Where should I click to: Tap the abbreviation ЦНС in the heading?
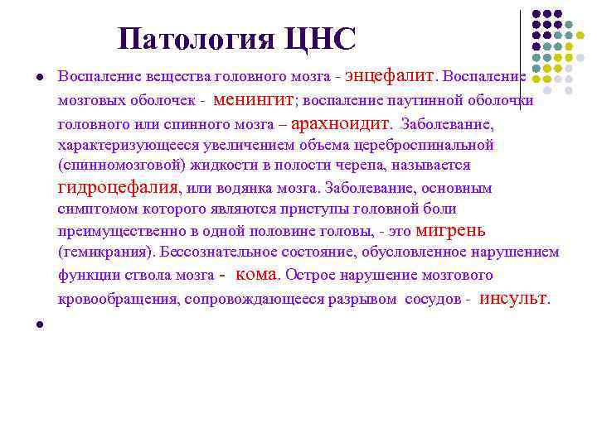(318, 39)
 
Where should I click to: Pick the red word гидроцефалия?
(118, 187)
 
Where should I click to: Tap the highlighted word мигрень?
(450, 230)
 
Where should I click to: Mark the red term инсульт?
(514, 298)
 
